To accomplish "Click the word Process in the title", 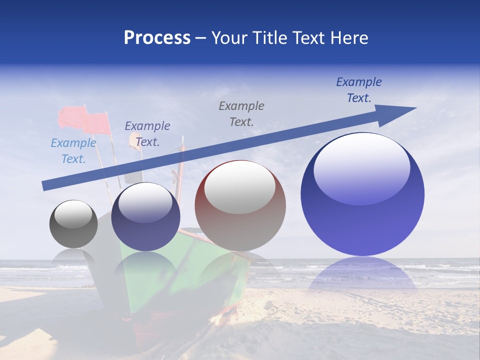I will [157, 38].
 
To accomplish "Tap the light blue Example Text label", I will [73, 151].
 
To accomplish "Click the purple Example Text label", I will [147, 134].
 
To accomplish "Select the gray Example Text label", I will [241, 113].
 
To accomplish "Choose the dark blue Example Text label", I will [359, 90].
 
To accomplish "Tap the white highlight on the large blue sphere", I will [361, 167].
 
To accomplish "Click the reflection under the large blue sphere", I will [362, 275].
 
